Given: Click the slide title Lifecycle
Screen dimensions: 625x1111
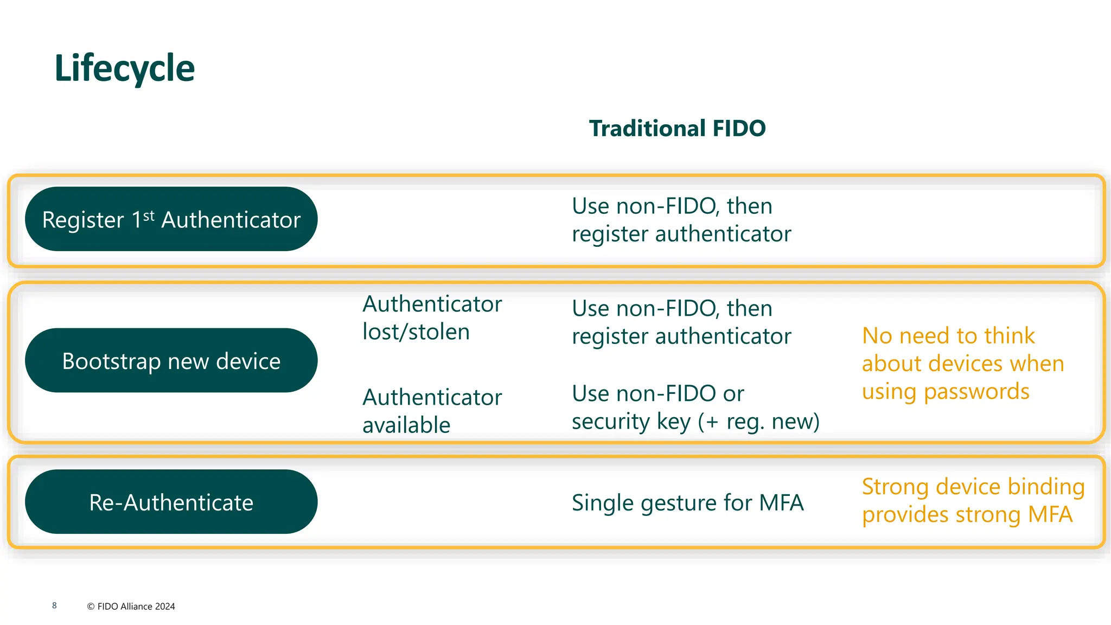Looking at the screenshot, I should [x=124, y=69].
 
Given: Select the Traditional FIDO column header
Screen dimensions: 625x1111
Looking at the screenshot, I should [x=677, y=129].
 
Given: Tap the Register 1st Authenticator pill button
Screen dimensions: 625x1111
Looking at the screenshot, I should [x=171, y=219].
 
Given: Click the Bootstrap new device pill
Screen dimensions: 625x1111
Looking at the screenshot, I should [x=171, y=361].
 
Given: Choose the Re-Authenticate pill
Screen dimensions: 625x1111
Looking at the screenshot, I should [x=171, y=502].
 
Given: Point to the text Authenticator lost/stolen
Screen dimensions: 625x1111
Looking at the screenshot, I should [x=432, y=318].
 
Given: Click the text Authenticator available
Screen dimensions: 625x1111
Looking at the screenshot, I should [x=432, y=411].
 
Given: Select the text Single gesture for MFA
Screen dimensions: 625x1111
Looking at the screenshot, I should [x=687, y=503].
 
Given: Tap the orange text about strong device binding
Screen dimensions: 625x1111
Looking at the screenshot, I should [x=973, y=500].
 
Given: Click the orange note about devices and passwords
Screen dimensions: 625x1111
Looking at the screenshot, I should [x=962, y=363].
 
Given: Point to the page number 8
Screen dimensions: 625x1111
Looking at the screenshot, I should [x=54, y=605].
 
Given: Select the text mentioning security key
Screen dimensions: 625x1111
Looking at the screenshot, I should [x=695, y=407].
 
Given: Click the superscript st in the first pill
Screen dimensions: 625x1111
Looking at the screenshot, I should [x=149, y=215].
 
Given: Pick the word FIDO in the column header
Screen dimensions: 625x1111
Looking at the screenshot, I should [x=739, y=129].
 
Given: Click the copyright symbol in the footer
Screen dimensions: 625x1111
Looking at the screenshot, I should [x=91, y=607].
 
